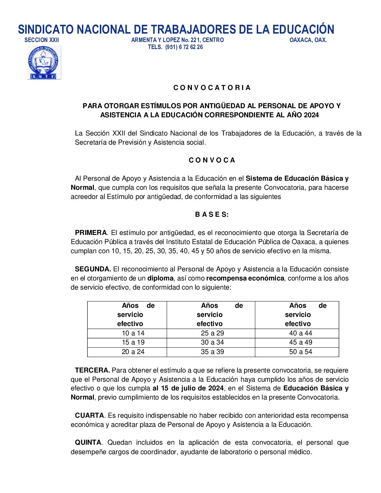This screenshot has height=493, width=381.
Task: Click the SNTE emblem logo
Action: pyautogui.click(x=44, y=63)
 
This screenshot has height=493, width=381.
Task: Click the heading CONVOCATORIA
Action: pyautogui.click(x=212, y=88)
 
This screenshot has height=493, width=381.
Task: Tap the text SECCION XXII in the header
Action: pyautogui.click(x=42, y=40)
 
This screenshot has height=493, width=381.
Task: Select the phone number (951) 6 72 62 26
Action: pyautogui.click(x=184, y=47)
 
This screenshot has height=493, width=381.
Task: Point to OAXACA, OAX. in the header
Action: pyautogui.click(x=308, y=40)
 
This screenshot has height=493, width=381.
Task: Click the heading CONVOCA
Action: pyautogui.click(x=212, y=160)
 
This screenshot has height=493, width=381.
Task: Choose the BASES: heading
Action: pyautogui.click(x=212, y=215)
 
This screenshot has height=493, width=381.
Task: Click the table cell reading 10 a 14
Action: pyautogui.click(x=133, y=333)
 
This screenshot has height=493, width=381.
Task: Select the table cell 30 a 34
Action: pyautogui.click(x=212, y=342)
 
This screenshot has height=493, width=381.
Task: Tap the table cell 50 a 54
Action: pyautogui.click(x=300, y=352)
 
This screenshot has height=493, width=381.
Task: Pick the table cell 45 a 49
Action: pyautogui.click(x=300, y=342)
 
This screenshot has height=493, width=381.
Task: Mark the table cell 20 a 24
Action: pyautogui.click(x=133, y=352)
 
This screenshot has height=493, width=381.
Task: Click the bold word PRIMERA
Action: pyautogui.click(x=91, y=233)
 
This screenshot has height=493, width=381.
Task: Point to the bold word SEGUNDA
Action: pyautogui.click(x=93, y=269)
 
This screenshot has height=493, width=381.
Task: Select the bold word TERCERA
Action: pyautogui.click(x=92, y=370)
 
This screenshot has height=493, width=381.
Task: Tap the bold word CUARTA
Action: pyautogui.click(x=89, y=416)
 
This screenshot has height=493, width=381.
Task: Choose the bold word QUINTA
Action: pyautogui.click(x=88, y=443)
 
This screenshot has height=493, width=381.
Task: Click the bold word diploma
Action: pyautogui.click(x=160, y=278)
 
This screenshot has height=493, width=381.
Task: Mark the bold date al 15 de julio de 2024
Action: pyautogui.click(x=188, y=388)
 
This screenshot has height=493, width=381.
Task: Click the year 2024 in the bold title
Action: pyautogui.click(x=311, y=115)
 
